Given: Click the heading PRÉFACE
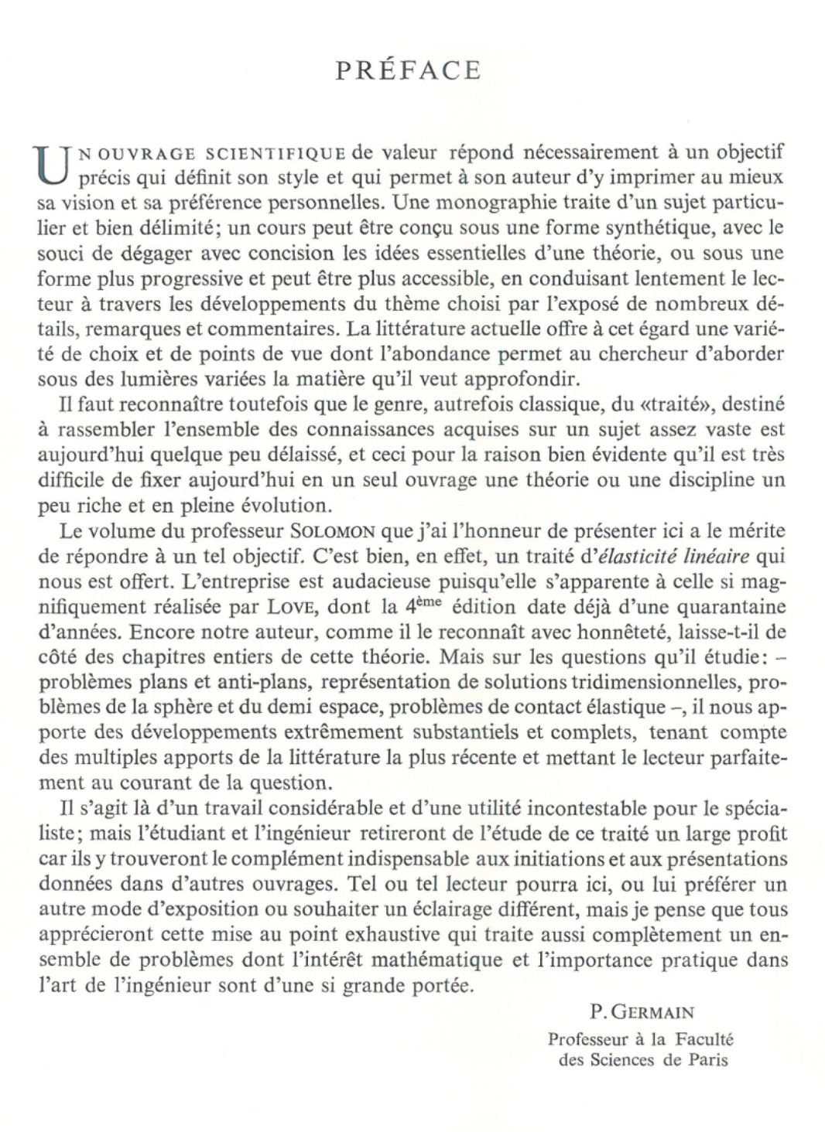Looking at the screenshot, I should click(x=409, y=71).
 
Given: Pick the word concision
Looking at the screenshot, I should click(x=294, y=253).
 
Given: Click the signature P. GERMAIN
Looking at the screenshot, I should click(x=642, y=1011).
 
